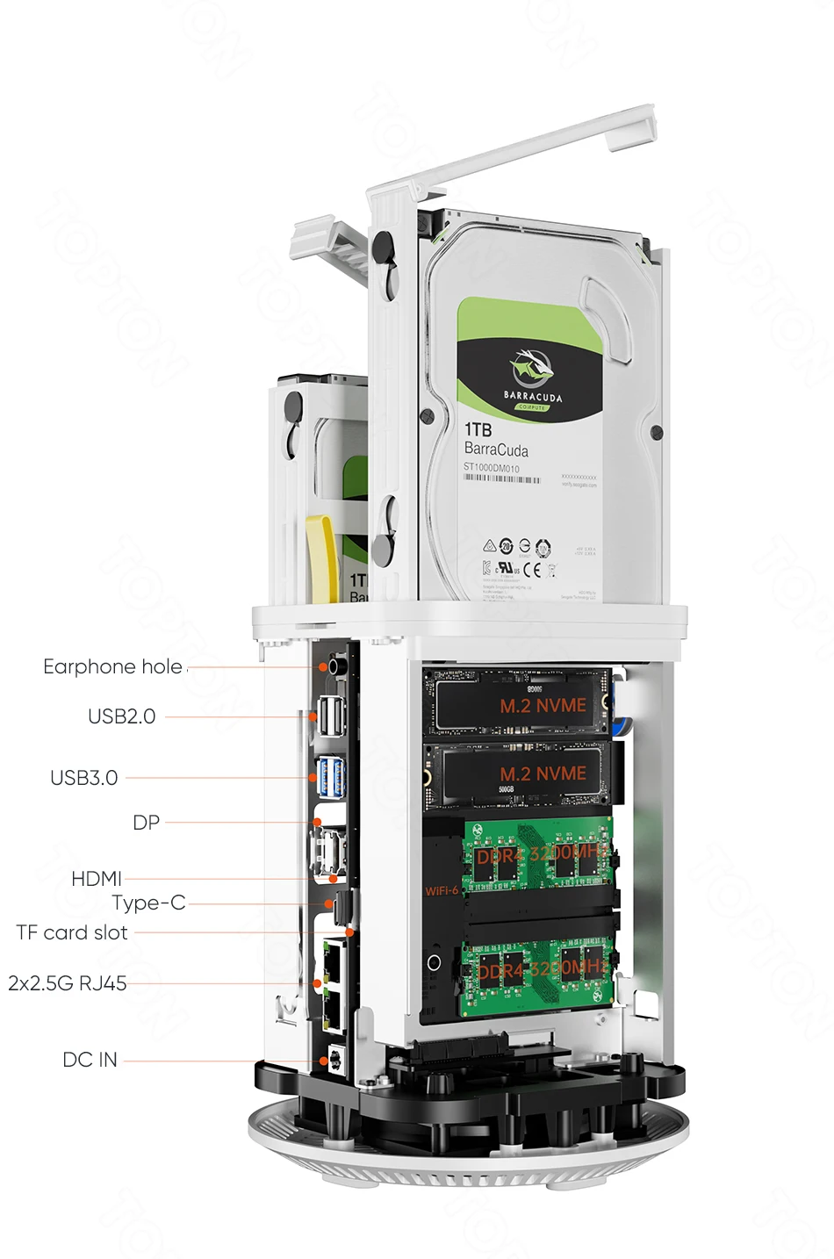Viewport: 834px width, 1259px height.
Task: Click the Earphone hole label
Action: pos(112,667)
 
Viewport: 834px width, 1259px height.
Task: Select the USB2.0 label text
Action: pos(121,716)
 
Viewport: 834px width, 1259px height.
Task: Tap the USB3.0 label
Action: pos(83,778)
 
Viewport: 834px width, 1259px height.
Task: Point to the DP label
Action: pos(146,823)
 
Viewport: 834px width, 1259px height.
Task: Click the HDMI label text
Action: pos(96,879)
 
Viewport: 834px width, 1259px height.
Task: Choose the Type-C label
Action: pos(148,903)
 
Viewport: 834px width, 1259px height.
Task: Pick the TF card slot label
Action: pos(72,932)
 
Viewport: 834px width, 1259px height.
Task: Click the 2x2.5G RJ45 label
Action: pos(68,983)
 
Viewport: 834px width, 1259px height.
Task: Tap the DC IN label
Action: pos(90,1060)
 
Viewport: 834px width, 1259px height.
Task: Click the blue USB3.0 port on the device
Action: pos(332,776)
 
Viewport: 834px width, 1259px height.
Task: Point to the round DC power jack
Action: pos(334,1060)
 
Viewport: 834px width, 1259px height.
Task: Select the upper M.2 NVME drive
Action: pos(518,702)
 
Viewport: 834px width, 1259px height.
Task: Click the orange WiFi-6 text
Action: pos(441,891)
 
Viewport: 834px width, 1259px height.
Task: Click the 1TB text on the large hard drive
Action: pos(478,429)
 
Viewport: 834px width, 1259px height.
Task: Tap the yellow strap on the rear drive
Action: pos(323,557)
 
